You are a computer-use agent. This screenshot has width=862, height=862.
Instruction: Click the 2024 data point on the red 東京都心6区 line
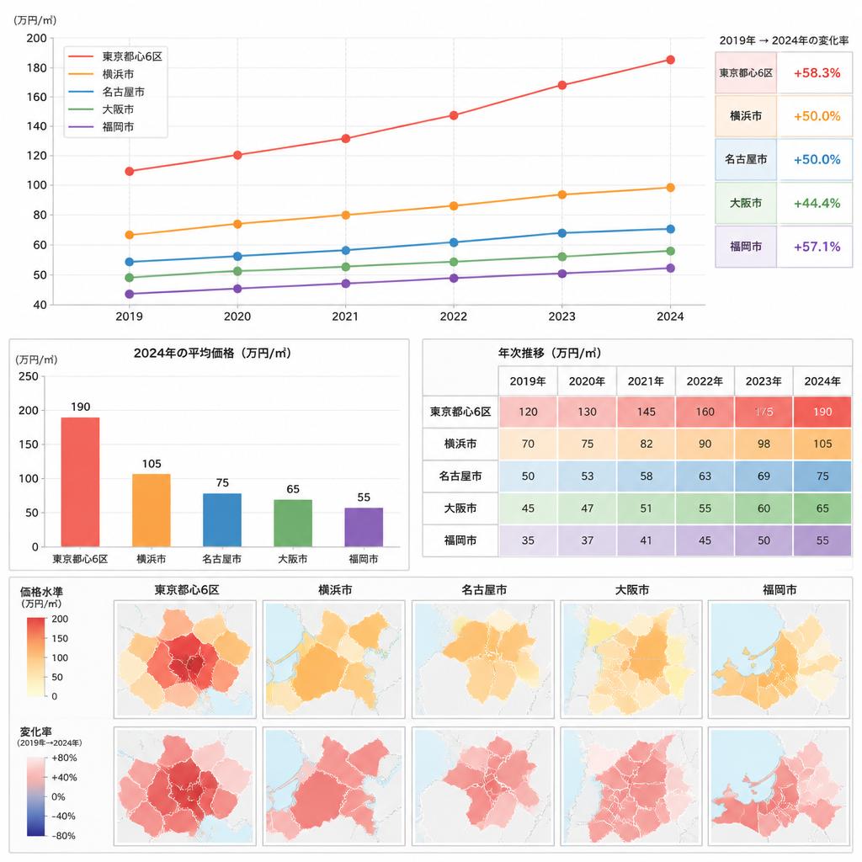point(670,60)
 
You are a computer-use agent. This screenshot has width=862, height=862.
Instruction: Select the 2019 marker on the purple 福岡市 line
point(129,294)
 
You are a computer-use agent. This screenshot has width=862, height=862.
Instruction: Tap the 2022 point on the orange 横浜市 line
point(454,206)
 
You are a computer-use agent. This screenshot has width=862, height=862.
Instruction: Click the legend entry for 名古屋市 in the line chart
point(107,92)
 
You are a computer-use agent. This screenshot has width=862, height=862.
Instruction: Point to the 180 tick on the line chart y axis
point(37,67)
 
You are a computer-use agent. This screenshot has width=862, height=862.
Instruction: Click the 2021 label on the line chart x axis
point(345,317)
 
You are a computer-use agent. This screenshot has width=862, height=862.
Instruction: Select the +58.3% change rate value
point(817,73)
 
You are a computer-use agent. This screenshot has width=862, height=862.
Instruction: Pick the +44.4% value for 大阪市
point(817,204)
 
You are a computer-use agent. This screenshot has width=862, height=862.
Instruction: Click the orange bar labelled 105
point(152,510)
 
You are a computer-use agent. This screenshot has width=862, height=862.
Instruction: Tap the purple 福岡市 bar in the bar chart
point(364,527)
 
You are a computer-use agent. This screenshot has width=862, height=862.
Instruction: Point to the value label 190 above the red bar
point(80,407)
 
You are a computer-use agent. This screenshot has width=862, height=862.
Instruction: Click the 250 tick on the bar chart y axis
point(29,376)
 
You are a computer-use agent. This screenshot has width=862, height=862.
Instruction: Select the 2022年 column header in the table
point(705,381)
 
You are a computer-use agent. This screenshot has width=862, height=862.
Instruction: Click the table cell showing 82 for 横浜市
point(646,444)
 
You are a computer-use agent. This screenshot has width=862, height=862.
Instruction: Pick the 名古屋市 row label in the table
point(460,476)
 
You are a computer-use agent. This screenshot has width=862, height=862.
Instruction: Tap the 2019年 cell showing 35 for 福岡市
point(528,540)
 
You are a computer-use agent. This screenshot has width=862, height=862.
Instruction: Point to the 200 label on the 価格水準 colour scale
point(60,619)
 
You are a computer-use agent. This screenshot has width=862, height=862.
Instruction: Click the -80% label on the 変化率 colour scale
point(63,836)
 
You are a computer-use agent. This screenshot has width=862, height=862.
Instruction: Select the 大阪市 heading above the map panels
point(631,590)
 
